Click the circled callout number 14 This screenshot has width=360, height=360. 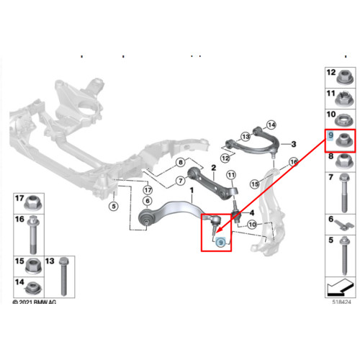(271, 125)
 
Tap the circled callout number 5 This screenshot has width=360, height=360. (114, 206)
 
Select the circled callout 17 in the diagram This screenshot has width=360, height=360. (148, 190)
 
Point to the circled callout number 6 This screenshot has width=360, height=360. (148, 201)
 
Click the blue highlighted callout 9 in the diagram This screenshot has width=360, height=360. (221, 243)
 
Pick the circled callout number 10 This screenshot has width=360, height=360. (252, 225)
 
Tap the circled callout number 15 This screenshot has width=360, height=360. (255, 184)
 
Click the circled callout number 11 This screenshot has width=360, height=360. (231, 175)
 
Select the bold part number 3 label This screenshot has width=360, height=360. (294, 144)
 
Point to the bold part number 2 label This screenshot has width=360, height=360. (214, 168)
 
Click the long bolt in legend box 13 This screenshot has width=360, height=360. (63, 276)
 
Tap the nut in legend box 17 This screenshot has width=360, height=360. (34, 203)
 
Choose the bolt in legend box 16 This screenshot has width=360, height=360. (33, 235)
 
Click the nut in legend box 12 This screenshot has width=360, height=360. (345, 77)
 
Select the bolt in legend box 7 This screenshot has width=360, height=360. (344, 193)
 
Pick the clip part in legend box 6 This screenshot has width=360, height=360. (344, 225)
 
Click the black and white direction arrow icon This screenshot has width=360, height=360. (341, 287)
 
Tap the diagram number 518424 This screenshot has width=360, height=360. (341, 302)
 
